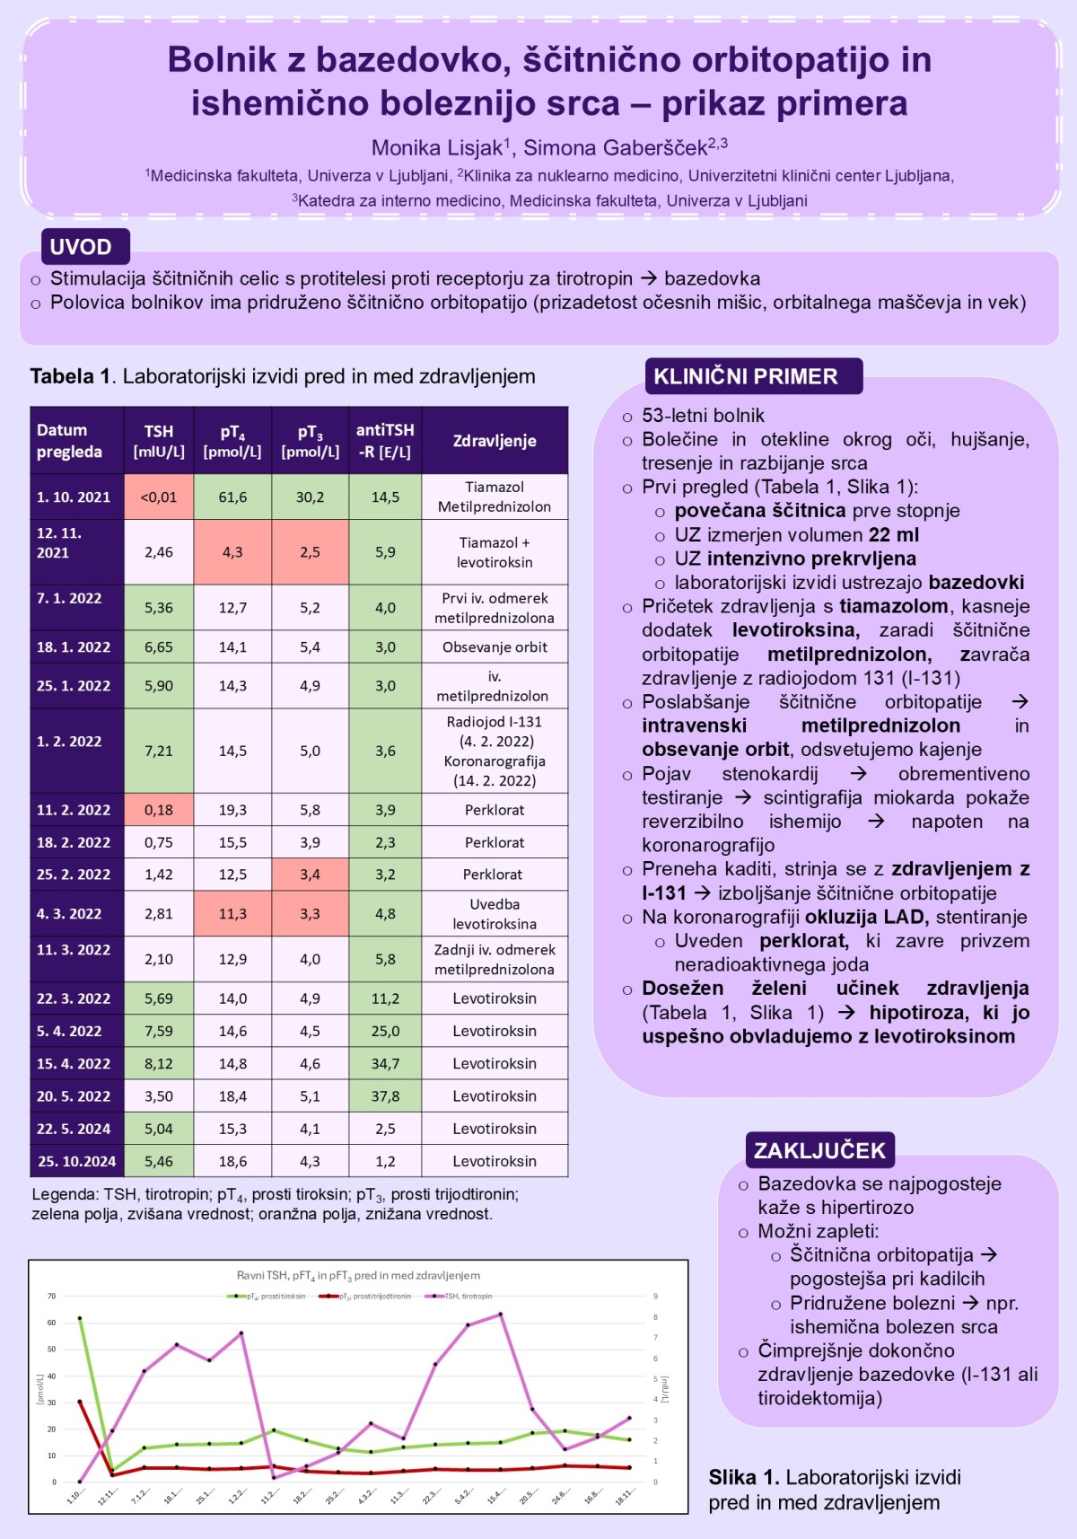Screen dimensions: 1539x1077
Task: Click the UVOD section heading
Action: pyautogui.click(x=81, y=247)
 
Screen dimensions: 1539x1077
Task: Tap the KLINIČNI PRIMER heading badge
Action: pyautogui.click(x=746, y=376)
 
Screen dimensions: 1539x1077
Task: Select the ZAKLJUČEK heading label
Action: pyautogui.click(x=819, y=1150)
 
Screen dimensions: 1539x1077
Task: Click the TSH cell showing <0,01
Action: pyautogui.click(x=159, y=497)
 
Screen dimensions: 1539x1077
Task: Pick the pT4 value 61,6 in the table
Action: pyautogui.click(x=232, y=497)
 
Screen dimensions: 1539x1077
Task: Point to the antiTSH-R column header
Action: pyautogui.click(x=385, y=441)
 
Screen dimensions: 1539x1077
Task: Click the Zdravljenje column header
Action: pyautogui.click(x=495, y=441)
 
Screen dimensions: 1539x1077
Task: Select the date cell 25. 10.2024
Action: pyautogui.click(x=77, y=1161)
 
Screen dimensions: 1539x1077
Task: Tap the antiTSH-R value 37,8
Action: pyautogui.click(x=385, y=1095)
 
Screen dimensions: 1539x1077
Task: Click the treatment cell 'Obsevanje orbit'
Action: pyautogui.click(x=495, y=646)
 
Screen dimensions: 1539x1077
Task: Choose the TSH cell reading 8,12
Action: pyautogui.click(x=159, y=1063)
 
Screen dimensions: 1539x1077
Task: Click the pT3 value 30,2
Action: pyautogui.click(x=310, y=497)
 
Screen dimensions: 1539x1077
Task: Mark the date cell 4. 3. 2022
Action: pyautogui.click(x=69, y=913)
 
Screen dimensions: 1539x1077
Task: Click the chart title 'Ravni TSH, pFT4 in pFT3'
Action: pyautogui.click(x=358, y=1275)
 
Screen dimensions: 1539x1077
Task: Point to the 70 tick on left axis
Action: pyautogui.click(x=52, y=1296)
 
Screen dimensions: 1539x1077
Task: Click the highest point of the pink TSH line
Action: pyautogui.click(x=500, y=1315)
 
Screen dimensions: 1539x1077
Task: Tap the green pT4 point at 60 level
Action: pyautogui.click(x=80, y=1318)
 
